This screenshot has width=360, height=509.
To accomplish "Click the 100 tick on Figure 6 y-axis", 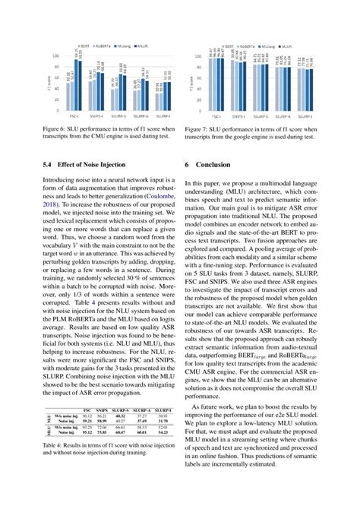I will [x=61, y=57].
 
